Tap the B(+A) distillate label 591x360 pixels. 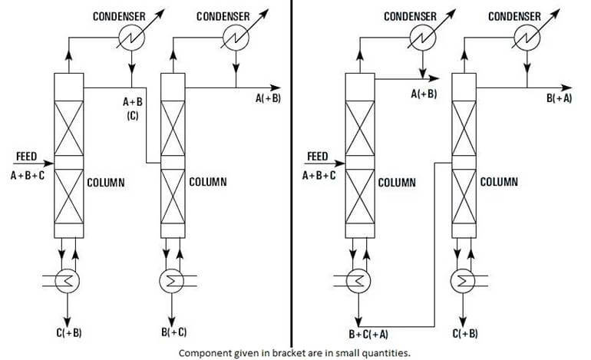coord(558,98)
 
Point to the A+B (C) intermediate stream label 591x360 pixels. coord(132,107)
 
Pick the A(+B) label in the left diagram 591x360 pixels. coord(269,98)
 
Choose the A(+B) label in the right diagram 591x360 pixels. coord(424,94)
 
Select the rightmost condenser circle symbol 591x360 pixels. coord(527,35)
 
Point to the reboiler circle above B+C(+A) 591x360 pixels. coord(356,280)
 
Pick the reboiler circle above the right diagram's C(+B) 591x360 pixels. coord(463,280)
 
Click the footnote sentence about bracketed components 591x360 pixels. coord(294,354)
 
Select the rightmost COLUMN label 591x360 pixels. coord(499,183)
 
